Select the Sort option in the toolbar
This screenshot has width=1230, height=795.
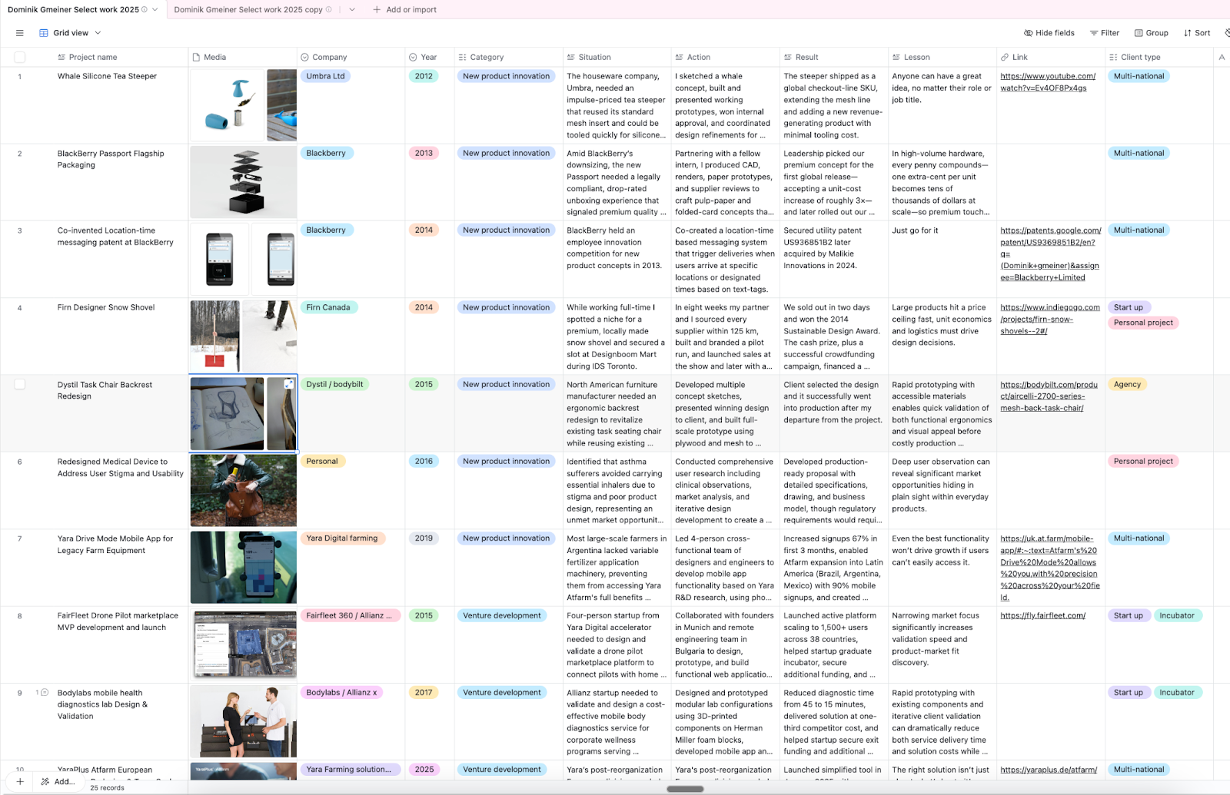1197,33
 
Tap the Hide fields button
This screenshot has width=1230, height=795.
1049,33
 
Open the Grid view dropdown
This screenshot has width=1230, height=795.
71,33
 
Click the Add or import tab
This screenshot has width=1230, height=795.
404,10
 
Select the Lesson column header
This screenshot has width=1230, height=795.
916,57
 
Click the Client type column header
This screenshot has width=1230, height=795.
1140,57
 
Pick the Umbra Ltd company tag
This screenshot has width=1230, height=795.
325,76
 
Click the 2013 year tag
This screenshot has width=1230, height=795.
424,153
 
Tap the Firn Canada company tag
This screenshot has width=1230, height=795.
327,307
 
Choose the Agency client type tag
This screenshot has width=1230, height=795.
1127,384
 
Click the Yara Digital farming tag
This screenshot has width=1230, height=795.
341,538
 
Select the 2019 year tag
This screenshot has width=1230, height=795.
424,538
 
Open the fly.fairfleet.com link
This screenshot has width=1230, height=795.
1042,615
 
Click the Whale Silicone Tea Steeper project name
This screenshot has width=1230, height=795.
107,76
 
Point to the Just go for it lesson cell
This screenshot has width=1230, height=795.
915,230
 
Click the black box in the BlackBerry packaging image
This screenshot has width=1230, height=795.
247,203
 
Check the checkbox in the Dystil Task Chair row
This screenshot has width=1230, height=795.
20,384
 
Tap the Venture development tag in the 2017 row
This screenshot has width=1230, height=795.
502,692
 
